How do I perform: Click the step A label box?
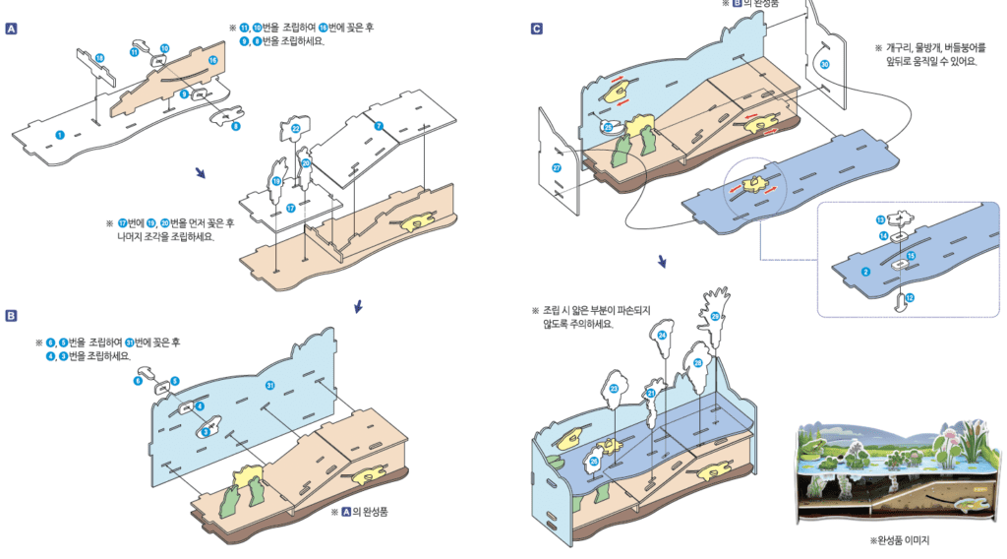pyautogui.click(x=12, y=30)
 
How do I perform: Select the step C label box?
pyautogui.click(x=536, y=30)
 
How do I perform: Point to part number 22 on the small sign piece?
pyautogui.click(x=296, y=129)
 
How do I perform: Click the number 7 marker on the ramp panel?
pyautogui.click(x=378, y=126)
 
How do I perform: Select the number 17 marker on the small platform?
pyautogui.click(x=290, y=208)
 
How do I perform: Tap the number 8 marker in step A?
pyautogui.click(x=236, y=126)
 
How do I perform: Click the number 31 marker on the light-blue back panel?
pyautogui.click(x=268, y=385)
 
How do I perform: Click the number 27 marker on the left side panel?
pyautogui.click(x=557, y=168)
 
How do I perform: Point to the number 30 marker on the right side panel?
pyautogui.click(x=824, y=64)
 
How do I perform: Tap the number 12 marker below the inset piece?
pyautogui.click(x=910, y=297)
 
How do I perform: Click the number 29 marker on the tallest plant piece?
pyautogui.click(x=715, y=316)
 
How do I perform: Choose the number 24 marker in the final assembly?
pyautogui.click(x=662, y=336)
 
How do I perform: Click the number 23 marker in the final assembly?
pyautogui.click(x=614, y=389)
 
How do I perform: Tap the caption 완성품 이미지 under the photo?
pyautogui.click(x=900, y=540)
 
